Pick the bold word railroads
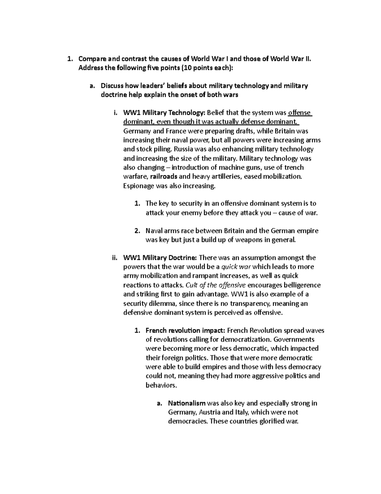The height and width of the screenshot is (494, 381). (164, 177)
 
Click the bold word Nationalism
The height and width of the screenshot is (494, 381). (187, 403)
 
